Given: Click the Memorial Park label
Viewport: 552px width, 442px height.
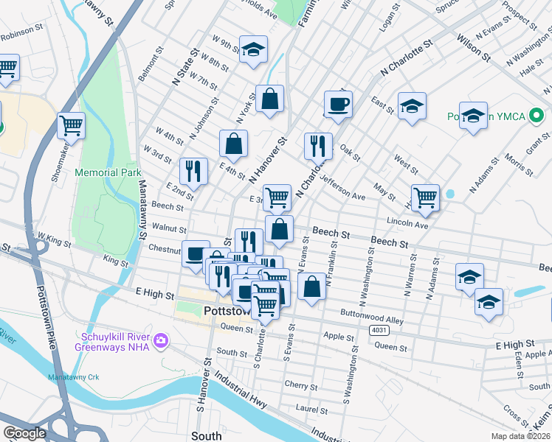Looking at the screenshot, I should [x=108, y=172].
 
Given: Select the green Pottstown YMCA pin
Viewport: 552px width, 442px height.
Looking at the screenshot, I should [x=537, y=116].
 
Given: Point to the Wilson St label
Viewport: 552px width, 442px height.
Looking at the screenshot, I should [x=473, y=45].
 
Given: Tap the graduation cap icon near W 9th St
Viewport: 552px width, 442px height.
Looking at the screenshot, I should [x=253, y=50].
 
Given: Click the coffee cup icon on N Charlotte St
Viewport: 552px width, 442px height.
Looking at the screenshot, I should [x=337, y=104].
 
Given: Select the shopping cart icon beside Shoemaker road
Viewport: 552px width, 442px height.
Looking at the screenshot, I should [x=72, y=126].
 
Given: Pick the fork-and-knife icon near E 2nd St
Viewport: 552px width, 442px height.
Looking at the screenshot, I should [x=193, y=172].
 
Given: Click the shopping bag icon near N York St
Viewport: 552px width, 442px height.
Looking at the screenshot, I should [x=270, y=99].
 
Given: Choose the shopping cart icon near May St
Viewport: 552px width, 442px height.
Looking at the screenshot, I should [x=426, y=197].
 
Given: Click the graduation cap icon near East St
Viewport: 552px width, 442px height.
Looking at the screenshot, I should [x=412, y=107].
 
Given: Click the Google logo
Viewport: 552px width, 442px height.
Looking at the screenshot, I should [x=24, y=433].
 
